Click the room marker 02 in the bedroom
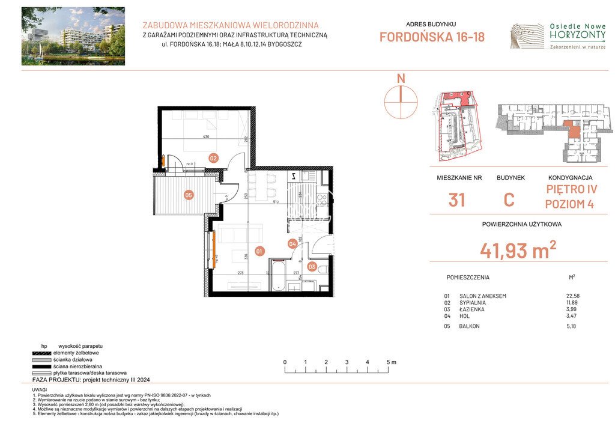tap(213, 158)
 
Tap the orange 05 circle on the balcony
tap(188, 195)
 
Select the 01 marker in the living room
tap(259, 252)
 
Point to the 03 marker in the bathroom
tap(312, 266)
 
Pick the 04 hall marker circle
tap(292, 243)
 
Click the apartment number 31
tap(457, 199)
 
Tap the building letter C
tap(509, 199)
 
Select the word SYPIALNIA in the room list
tap(473, 303)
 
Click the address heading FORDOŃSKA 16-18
tap(432, 37)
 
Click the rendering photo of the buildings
tap(73, 36)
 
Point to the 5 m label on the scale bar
tap(391, 362)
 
